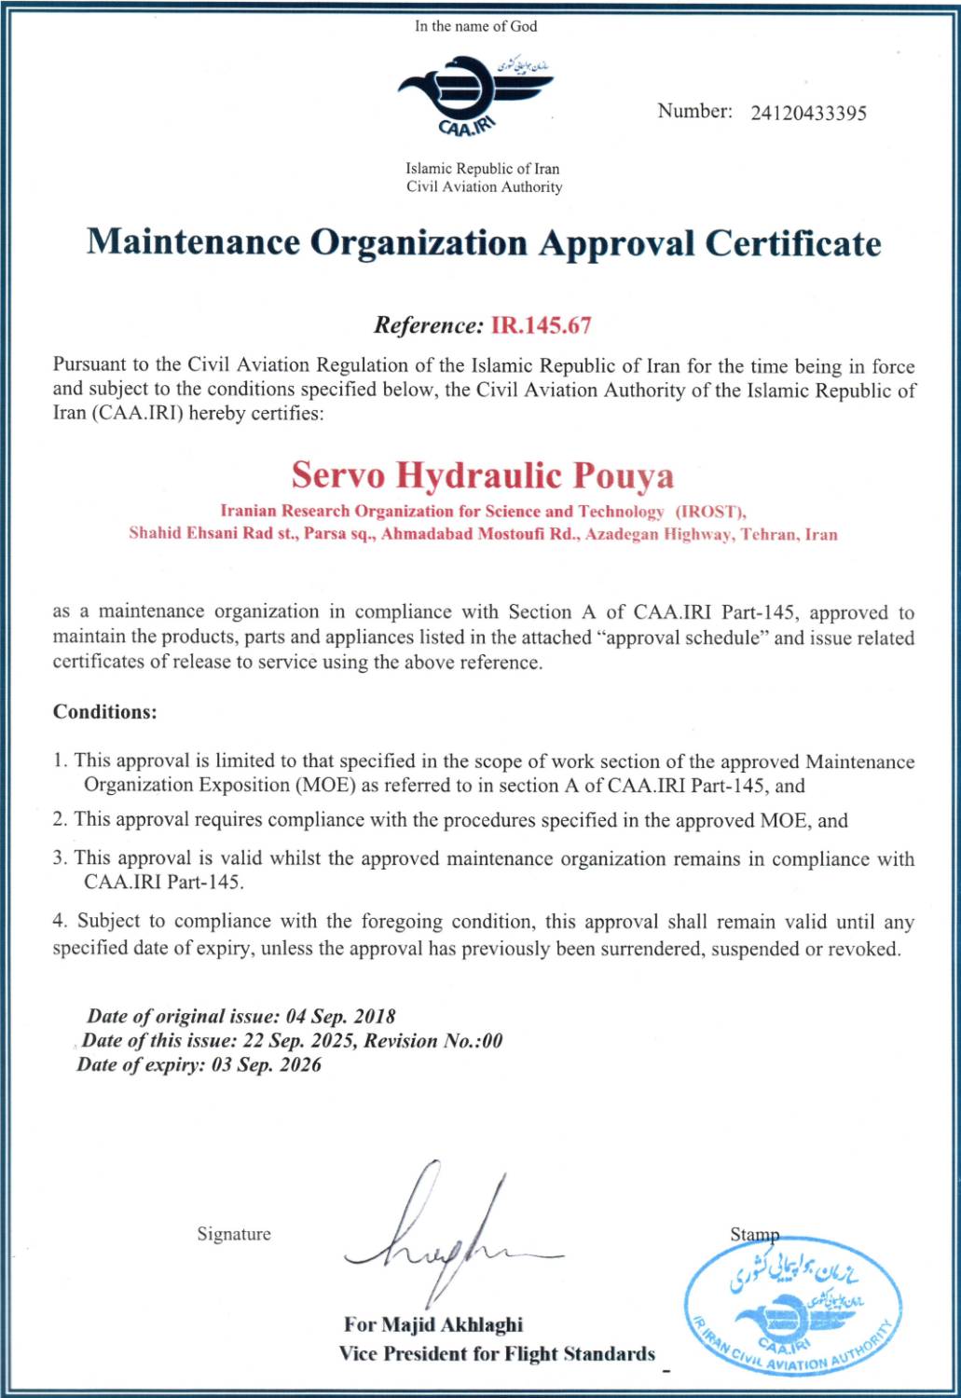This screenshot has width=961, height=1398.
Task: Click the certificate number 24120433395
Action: coord(808,114)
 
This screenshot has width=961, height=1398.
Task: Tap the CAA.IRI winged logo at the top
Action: coord(474,94)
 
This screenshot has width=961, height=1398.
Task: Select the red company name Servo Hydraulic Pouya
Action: coord(482,475)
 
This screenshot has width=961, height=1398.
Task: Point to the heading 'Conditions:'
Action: coord(104,712)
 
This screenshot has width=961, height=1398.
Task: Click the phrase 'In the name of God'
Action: coord(475,26)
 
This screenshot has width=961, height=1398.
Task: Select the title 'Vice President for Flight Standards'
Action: coord(497,1353)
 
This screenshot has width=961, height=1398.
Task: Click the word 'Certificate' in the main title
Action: coord(792,243)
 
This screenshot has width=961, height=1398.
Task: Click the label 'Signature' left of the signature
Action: coord(234,1234)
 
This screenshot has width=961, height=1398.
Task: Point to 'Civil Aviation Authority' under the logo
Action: coord(484,186)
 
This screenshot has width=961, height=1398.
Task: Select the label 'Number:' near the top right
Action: coord(694,111)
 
